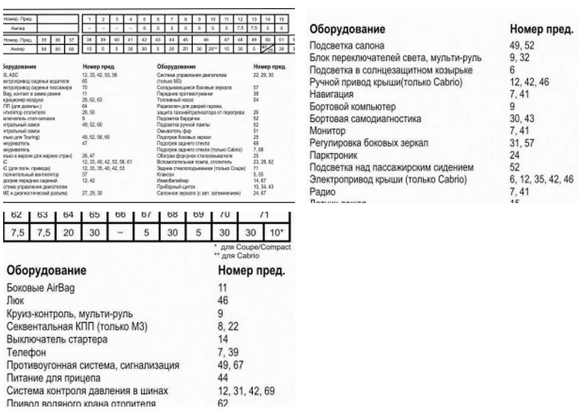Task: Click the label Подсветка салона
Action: click(x=347, y=46)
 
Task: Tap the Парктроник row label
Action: click(x=334, y=155)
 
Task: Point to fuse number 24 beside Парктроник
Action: click(x=515, y=155)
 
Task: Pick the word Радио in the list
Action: click(x=322, y=192)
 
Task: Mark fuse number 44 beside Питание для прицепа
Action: click(x=223, y=378)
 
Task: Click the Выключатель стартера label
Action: click(x=57, y=340)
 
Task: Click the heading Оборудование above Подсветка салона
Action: click(x=348, y=29)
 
